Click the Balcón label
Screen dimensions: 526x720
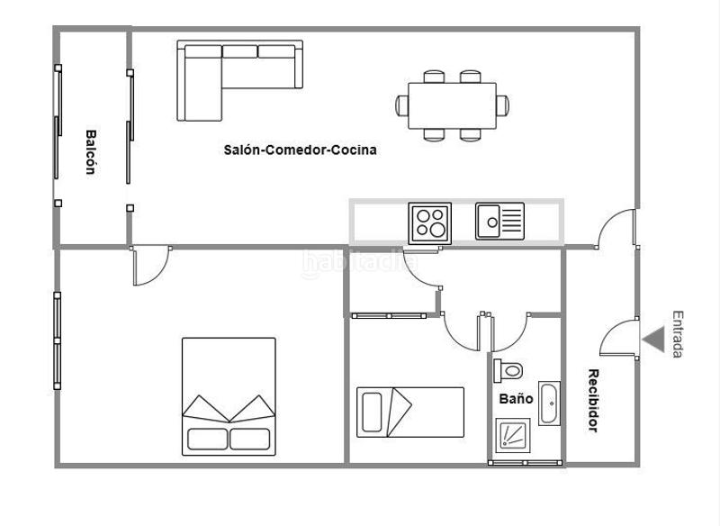92,152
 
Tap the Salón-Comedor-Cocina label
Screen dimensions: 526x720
300,150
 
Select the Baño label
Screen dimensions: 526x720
516,398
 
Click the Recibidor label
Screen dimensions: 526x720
593,401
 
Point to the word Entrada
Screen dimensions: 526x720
677,334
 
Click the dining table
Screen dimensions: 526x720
452,106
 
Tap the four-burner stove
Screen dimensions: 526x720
430,222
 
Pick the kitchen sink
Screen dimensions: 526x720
499,222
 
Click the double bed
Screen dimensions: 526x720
229,396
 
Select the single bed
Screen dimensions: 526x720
410,412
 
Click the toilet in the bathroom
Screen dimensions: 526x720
510,369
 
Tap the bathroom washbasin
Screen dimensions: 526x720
549,404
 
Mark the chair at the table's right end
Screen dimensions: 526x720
502,105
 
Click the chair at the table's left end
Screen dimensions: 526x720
401,105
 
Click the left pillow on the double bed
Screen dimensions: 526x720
208,439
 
